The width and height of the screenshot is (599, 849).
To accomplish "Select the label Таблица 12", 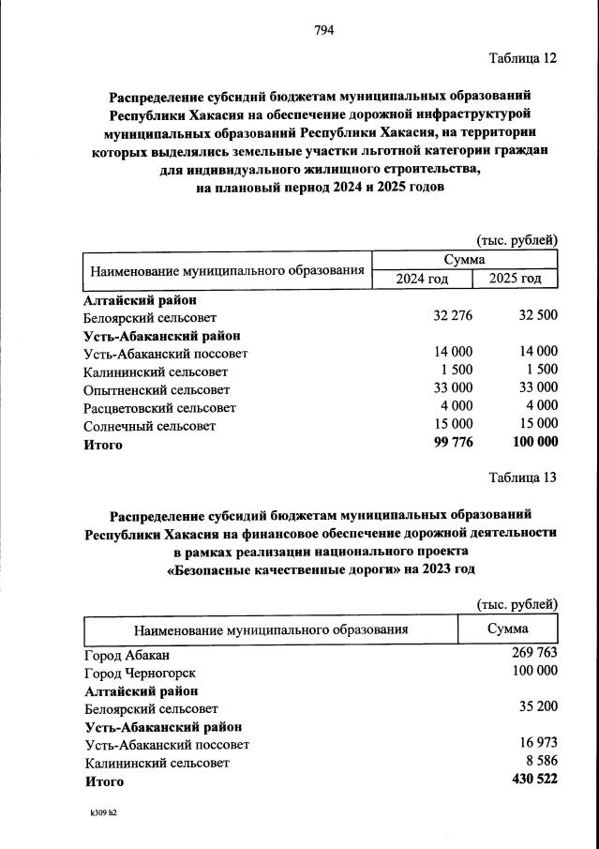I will [x=523, y=58].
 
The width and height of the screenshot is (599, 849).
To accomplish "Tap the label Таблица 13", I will [x=523, y=478].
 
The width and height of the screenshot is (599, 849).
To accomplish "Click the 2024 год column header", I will [x=421, y=279].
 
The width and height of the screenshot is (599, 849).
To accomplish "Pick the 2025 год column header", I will [x=516, y=279].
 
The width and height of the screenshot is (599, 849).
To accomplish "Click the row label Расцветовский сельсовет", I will [x=160, y=407].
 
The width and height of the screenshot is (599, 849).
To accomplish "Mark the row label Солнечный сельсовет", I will [x=150, y=426].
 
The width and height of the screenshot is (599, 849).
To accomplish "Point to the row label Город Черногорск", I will [x=141, y=673].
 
